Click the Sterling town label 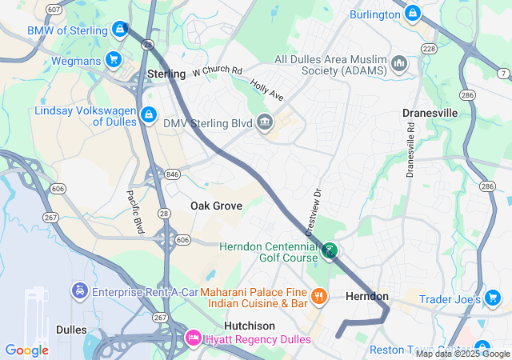[166, 74]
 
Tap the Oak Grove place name [216, 206]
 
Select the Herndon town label [366, 296]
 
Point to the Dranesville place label [430, 113]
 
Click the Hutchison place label [249, 326]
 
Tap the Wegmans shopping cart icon [114, 59]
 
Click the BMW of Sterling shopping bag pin [119, 30]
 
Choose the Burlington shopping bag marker [413, 14]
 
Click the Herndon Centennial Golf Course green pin [329, 252]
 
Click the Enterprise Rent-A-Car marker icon [79, 291]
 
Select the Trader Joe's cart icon [494, 298]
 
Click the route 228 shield [429, 50]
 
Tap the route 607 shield [54, 10]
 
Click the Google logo [26, 350]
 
